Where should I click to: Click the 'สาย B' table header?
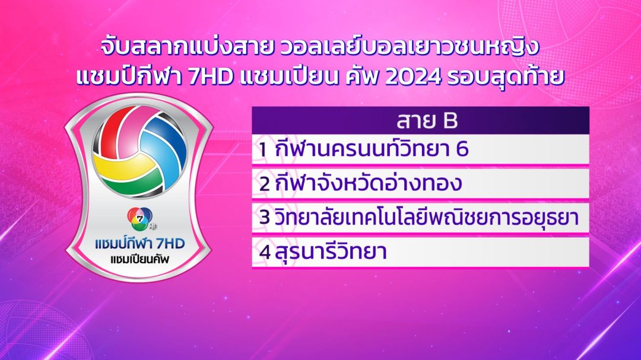pos(427,120)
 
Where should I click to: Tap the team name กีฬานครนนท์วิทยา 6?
pos(371,149)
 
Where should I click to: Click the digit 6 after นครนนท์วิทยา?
pos(462,149)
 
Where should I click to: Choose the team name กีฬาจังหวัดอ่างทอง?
pos(368,183)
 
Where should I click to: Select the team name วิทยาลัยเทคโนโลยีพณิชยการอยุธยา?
pos(426,217)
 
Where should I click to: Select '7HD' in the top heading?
pos(211,77)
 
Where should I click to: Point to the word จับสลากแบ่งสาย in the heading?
pos(186,47)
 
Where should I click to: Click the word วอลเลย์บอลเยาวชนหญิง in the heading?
pos(410,47)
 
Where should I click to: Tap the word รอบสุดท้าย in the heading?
pos(506,77)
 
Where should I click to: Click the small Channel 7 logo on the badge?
pos(140,219)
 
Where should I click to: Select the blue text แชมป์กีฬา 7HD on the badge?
pos(140,244)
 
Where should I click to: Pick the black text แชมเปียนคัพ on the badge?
pos(139,259)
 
